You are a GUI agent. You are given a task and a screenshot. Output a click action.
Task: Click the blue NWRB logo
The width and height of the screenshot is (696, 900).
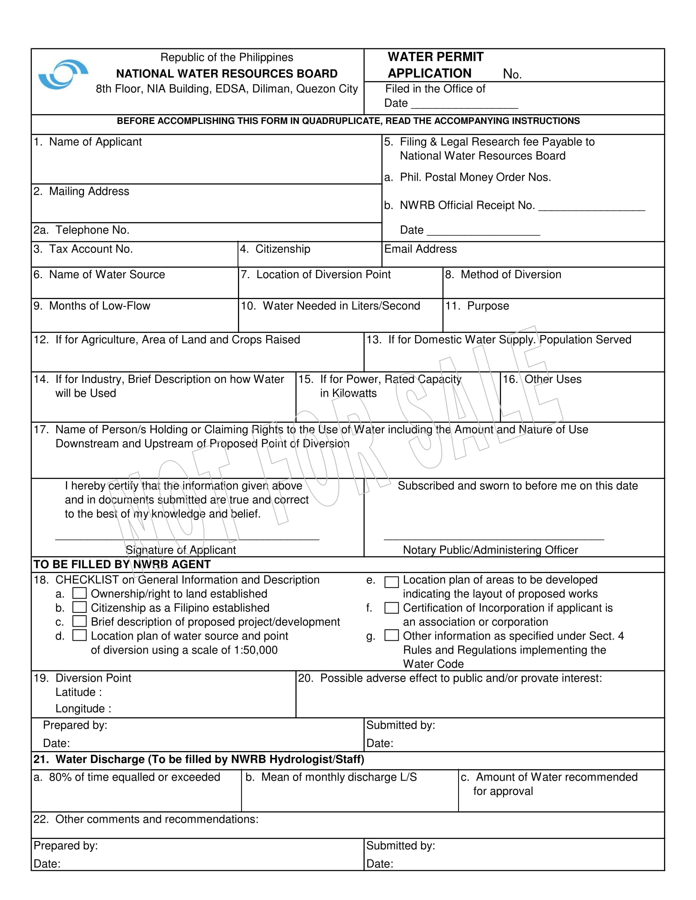click(63, 74)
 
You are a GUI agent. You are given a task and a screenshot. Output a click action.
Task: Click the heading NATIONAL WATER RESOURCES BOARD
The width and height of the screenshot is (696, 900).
click(227, 74)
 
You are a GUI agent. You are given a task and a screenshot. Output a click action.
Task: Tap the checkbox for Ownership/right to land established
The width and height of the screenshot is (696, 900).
click(79, 593)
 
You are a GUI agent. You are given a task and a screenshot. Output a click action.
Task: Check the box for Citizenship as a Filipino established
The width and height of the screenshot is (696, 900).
click(79, 607)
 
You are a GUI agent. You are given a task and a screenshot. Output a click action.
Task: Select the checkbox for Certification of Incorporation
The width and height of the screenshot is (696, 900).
click(391, 608)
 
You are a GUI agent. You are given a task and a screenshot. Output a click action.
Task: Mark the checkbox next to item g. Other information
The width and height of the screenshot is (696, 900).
click(391, 635)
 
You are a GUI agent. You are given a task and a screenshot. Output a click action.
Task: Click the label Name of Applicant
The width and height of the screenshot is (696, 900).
click(95, 142)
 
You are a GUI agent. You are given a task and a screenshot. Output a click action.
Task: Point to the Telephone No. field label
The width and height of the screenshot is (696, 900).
click(92, 230)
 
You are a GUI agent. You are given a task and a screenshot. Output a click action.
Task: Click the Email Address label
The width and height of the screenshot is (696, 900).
click(420, 249)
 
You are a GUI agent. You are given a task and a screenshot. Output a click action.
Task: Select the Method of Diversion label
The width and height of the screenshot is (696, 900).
click(511, 274)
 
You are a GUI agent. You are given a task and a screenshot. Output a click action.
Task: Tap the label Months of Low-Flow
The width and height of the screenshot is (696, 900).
click(99, 306)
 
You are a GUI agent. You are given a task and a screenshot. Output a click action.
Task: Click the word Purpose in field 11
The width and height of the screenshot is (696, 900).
click(488, 306)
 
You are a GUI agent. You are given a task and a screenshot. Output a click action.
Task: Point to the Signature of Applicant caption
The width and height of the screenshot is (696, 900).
click(181, 550)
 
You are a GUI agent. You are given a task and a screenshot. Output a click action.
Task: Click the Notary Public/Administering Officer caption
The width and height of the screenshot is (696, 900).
click(490, 550)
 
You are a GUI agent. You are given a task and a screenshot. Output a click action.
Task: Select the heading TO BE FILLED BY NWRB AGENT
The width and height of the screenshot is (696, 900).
click(122, 564)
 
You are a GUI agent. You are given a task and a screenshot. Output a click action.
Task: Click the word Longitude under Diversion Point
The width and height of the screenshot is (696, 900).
click(80, 709)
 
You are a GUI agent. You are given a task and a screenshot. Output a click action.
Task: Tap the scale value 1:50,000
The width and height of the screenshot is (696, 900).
click(255, 650)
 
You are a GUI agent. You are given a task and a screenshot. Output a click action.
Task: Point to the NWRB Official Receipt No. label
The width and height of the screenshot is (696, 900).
click(467, 205)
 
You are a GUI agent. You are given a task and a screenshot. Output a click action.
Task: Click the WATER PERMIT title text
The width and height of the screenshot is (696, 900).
click(436, 57)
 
